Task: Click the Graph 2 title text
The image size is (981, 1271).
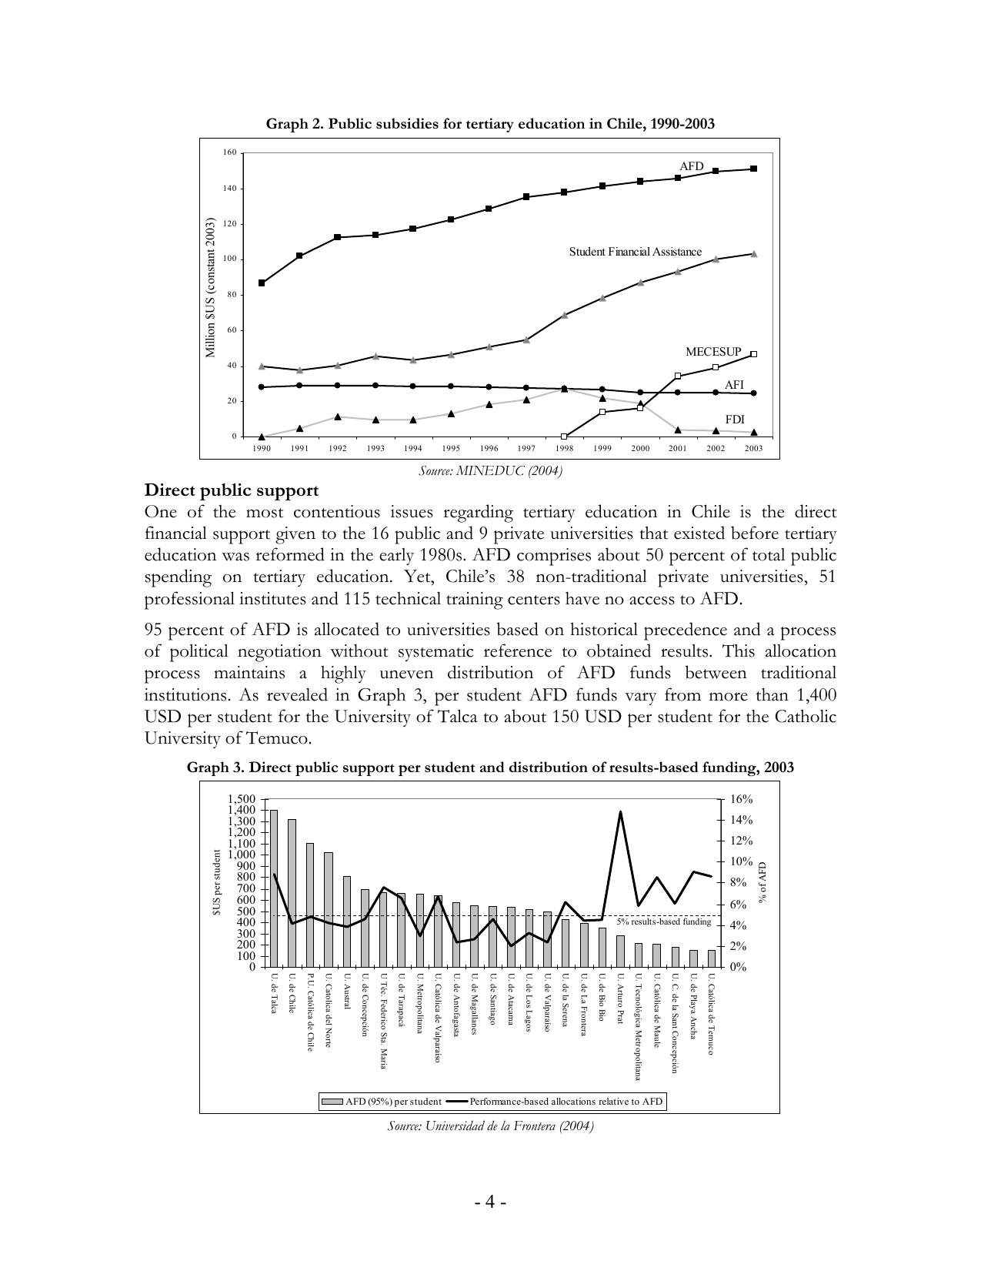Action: pyautogui.click(x=490, y=124)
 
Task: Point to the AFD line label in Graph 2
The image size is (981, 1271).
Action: pyautogui.click(x=691, y=166)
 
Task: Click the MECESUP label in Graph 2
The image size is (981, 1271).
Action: pyautogui.click(x=713, y=352)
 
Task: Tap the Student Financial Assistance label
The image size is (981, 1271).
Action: pyautogui.click(x=635, y=252)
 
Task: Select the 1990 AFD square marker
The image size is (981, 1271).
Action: pyautogui.click(x=262, y=283)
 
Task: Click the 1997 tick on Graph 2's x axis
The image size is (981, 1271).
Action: pyautogui.click(x=526, y=449)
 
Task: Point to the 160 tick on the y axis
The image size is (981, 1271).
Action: pyautogui.click(x=230, y=152)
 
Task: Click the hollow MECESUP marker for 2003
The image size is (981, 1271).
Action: pyautogui.click(x=753, y=354)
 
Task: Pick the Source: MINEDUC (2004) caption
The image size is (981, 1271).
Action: pyautogui.click(x=490, y=471)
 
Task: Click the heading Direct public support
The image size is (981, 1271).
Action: pyautogui.click(x=232, y=490)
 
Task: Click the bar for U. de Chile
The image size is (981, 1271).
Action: pyautogui.click(x=292, y=892)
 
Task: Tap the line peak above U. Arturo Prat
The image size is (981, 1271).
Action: pyautogui.click(x=620, y=811)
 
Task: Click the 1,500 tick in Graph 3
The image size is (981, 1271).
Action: pyautogui.click(x=242, y=800)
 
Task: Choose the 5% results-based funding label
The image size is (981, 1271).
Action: pyautogui.click(x=663, y=921)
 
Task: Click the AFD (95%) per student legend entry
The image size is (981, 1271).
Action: pyautogui.click(x=382, y=1102)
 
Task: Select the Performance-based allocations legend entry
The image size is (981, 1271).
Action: pyautogui.click(x=555, y=1102)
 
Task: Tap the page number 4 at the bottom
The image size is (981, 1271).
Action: pyautogui.click(x=490, y=1202)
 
